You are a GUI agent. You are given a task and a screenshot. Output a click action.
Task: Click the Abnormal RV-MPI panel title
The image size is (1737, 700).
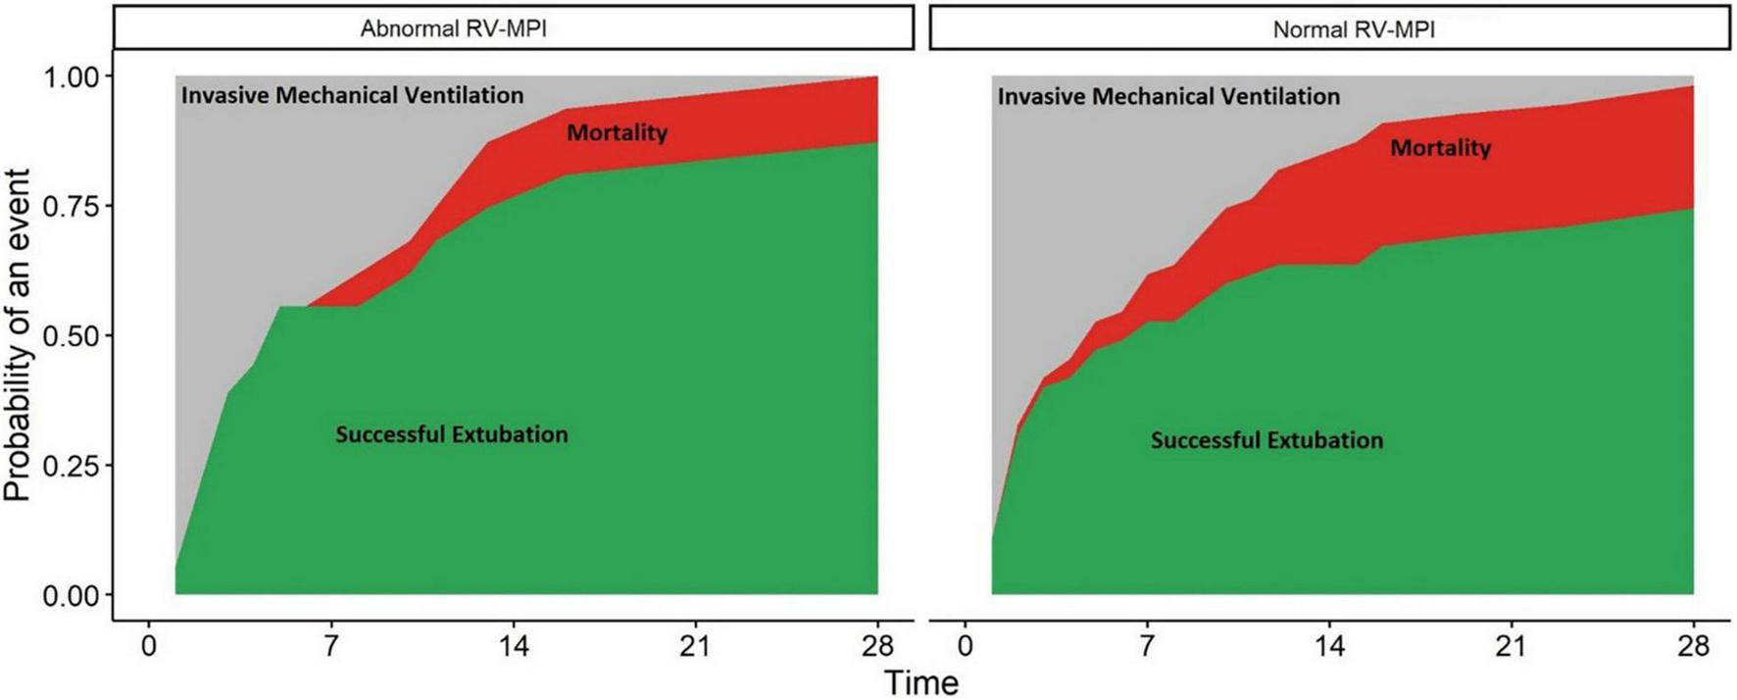click(x=453, y=28)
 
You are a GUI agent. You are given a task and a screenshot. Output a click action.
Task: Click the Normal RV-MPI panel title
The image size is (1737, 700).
click(x=1353, y=29)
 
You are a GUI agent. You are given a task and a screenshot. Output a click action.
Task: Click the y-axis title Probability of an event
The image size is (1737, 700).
click(x=18, y=335)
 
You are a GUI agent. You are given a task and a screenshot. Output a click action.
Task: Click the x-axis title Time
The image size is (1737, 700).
click(x=921, y=682)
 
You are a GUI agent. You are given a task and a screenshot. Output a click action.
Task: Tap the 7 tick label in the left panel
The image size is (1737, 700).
click(x=331, y=646)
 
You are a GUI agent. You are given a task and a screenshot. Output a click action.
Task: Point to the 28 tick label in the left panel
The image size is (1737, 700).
click(x=877, y=646)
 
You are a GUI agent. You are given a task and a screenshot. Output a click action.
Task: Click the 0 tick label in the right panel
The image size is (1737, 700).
click(x=966, y=646)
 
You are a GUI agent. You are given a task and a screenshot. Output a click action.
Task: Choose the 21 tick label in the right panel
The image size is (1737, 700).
click(x=1512, y=646)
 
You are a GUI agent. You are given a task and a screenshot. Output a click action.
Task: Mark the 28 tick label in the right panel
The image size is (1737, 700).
click(x=1693, y=646)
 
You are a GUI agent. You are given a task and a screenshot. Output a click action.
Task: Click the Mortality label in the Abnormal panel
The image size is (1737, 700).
click(x=617, y=131)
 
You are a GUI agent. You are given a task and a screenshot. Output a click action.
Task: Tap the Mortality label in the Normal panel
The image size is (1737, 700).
click(x=1440, y=147)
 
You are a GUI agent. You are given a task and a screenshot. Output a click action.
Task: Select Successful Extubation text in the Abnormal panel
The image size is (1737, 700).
click(x=451, y=434)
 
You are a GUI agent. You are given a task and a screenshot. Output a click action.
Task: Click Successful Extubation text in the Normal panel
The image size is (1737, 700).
click(x=1266, y=440)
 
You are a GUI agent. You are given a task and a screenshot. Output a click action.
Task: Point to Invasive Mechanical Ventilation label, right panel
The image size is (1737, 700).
click(x=1168, y=96)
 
